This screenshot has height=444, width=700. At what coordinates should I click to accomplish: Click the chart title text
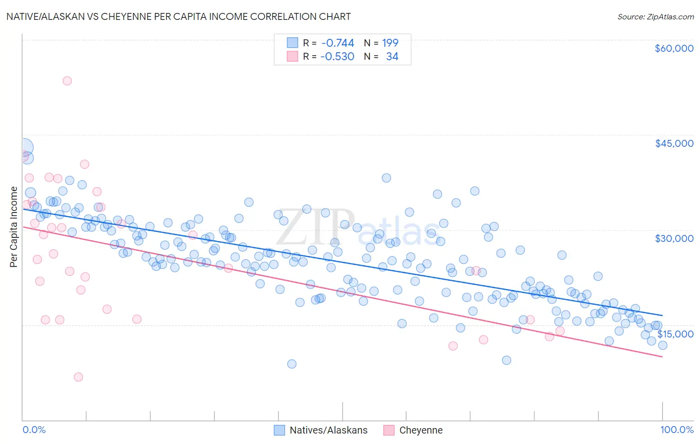[x=179, y=16]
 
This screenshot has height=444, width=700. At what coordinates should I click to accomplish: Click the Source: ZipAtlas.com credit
[x=655, y=17]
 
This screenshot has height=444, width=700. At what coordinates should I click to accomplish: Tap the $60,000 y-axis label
[x=674, y=48]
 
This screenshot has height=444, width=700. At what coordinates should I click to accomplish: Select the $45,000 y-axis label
[x=674, y=143]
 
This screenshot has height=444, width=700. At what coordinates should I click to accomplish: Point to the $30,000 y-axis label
[x=674, y=238]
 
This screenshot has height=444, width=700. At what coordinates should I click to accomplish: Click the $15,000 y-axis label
[x=675, y=334]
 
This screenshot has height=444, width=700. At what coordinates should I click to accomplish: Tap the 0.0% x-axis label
[x=34, y=430]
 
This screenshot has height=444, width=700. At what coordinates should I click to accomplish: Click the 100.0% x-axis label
[x=677, y=430]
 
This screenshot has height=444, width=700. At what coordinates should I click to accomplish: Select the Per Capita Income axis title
[x=14, y=227]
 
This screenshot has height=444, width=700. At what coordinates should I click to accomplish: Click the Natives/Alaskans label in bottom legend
[x=328, y=430]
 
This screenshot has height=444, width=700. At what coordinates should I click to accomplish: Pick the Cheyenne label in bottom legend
[x=421, y=430]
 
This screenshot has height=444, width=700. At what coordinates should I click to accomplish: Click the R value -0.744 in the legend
[x=338, y=43]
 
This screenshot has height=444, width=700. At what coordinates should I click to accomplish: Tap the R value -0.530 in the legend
[x=338, y=57]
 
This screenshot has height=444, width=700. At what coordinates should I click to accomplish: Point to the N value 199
[x=390, y=43]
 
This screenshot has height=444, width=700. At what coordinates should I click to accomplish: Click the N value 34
[x=392, y=57]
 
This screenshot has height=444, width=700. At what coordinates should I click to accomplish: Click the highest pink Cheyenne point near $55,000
[x=67, y=81]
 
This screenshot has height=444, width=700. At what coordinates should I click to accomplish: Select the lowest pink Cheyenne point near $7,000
[x=78, y=377]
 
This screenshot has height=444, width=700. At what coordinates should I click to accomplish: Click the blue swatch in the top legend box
[x=292, y=43]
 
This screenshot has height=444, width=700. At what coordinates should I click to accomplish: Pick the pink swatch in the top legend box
[x=292, y=57]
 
